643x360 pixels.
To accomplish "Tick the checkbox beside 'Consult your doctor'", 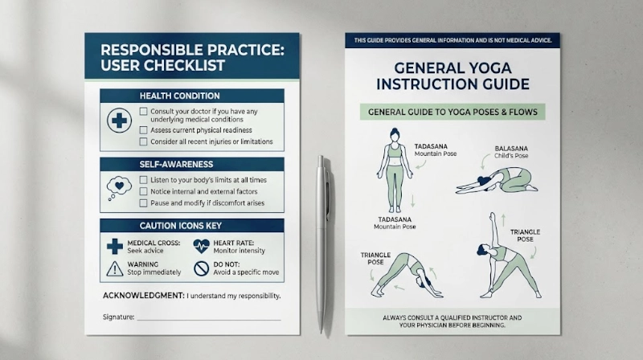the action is (x=143, y=112).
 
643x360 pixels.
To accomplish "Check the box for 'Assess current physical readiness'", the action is (x=143, y=130).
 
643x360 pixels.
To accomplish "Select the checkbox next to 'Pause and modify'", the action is (x=143, y=203).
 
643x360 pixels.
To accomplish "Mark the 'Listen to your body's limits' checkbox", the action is (x=143, y=180).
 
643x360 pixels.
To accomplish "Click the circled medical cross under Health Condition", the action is (x=119, y=121).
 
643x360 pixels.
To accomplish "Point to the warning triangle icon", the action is (x=115, y=269).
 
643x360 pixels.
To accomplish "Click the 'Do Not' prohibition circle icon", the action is (x=202, y=268).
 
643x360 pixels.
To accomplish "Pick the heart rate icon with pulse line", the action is (x=202, y=247).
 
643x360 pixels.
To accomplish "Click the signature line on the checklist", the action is (x=209, y=319).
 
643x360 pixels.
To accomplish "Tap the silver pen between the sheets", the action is (x=322, y=244).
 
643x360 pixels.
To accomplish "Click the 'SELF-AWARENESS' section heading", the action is (x=176, y=165).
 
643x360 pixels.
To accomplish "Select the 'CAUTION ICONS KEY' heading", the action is (x=180, y=226).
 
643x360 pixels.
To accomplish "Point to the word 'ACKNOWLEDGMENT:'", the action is (x=144, y=296).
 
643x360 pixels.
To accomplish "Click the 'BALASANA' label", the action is (x=511, y=149).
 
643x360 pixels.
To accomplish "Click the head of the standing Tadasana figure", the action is (x=395, y=135).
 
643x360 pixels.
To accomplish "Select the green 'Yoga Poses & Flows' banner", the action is (x=453, y=112).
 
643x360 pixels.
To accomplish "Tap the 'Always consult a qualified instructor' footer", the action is (x=453, y=321).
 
